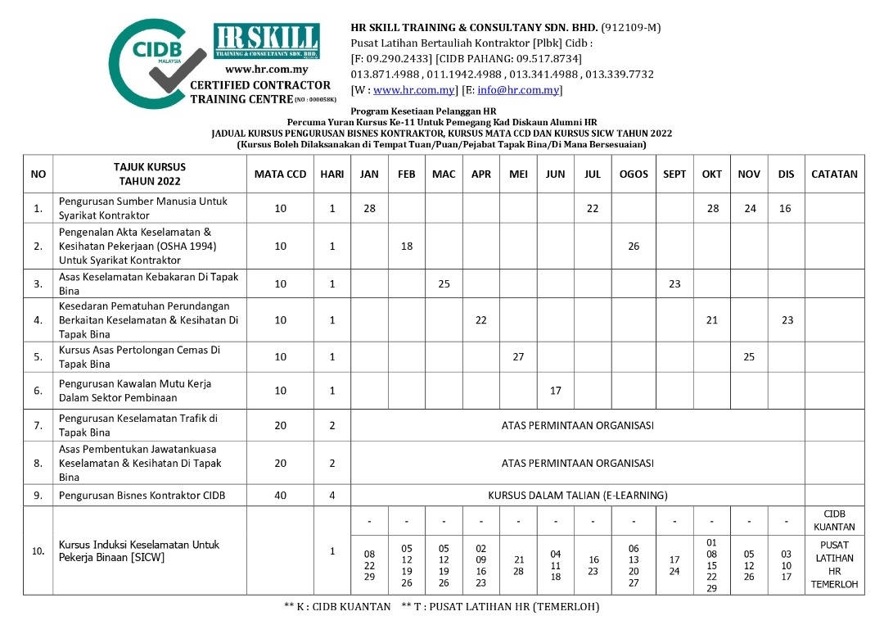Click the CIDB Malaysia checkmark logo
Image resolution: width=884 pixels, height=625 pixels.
(x=156, y=63)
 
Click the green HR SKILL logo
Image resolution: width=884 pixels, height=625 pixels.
(x=266, y=41)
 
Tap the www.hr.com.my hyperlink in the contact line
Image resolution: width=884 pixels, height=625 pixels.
(x=413, y=90)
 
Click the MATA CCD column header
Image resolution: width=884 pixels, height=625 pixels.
(x=280, y=174)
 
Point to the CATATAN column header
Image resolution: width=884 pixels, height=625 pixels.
(x=834, y=174)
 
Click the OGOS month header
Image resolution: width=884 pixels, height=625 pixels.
(x=634, y=174)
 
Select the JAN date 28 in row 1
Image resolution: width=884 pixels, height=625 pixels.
(x=369, y=208)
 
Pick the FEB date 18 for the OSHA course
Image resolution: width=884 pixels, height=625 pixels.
(x=407, y=246)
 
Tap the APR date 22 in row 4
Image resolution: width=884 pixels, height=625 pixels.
(x=481, y=320)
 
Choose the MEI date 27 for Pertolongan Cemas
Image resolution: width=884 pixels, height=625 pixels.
(x=518, y=357)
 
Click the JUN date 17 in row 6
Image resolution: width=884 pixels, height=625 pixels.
(x=556, y=391)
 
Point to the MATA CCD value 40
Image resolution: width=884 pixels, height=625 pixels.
(x=280, y=495)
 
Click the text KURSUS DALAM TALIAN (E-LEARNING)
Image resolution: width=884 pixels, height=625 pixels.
(x=578, y=495)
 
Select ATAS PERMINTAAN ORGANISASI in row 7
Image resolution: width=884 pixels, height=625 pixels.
(x=578, y=425)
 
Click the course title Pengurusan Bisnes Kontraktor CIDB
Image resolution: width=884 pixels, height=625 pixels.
(x=142, y=495)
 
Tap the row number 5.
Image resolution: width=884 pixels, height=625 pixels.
(x=38, y=357)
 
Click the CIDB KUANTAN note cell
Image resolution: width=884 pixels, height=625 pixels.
(x=834, y=520)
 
